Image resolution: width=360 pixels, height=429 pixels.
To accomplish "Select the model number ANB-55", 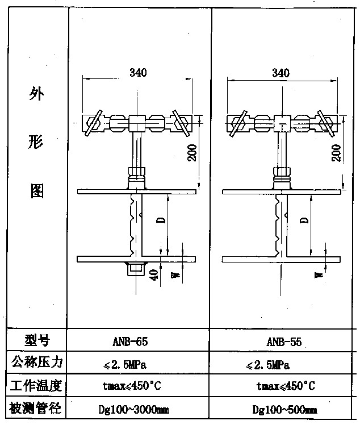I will click(283, 342).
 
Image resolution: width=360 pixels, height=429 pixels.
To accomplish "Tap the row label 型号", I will click(37, 340).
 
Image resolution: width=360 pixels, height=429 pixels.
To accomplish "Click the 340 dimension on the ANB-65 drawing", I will click(138, 72).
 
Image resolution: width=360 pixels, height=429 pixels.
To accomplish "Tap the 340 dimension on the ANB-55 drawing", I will click(281, 73).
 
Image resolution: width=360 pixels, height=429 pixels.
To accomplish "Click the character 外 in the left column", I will click(36, 94).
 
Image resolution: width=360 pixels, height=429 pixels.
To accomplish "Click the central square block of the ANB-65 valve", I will click(137, 122).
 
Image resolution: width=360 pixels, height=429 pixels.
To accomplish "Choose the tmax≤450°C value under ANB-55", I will click(286, 386).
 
